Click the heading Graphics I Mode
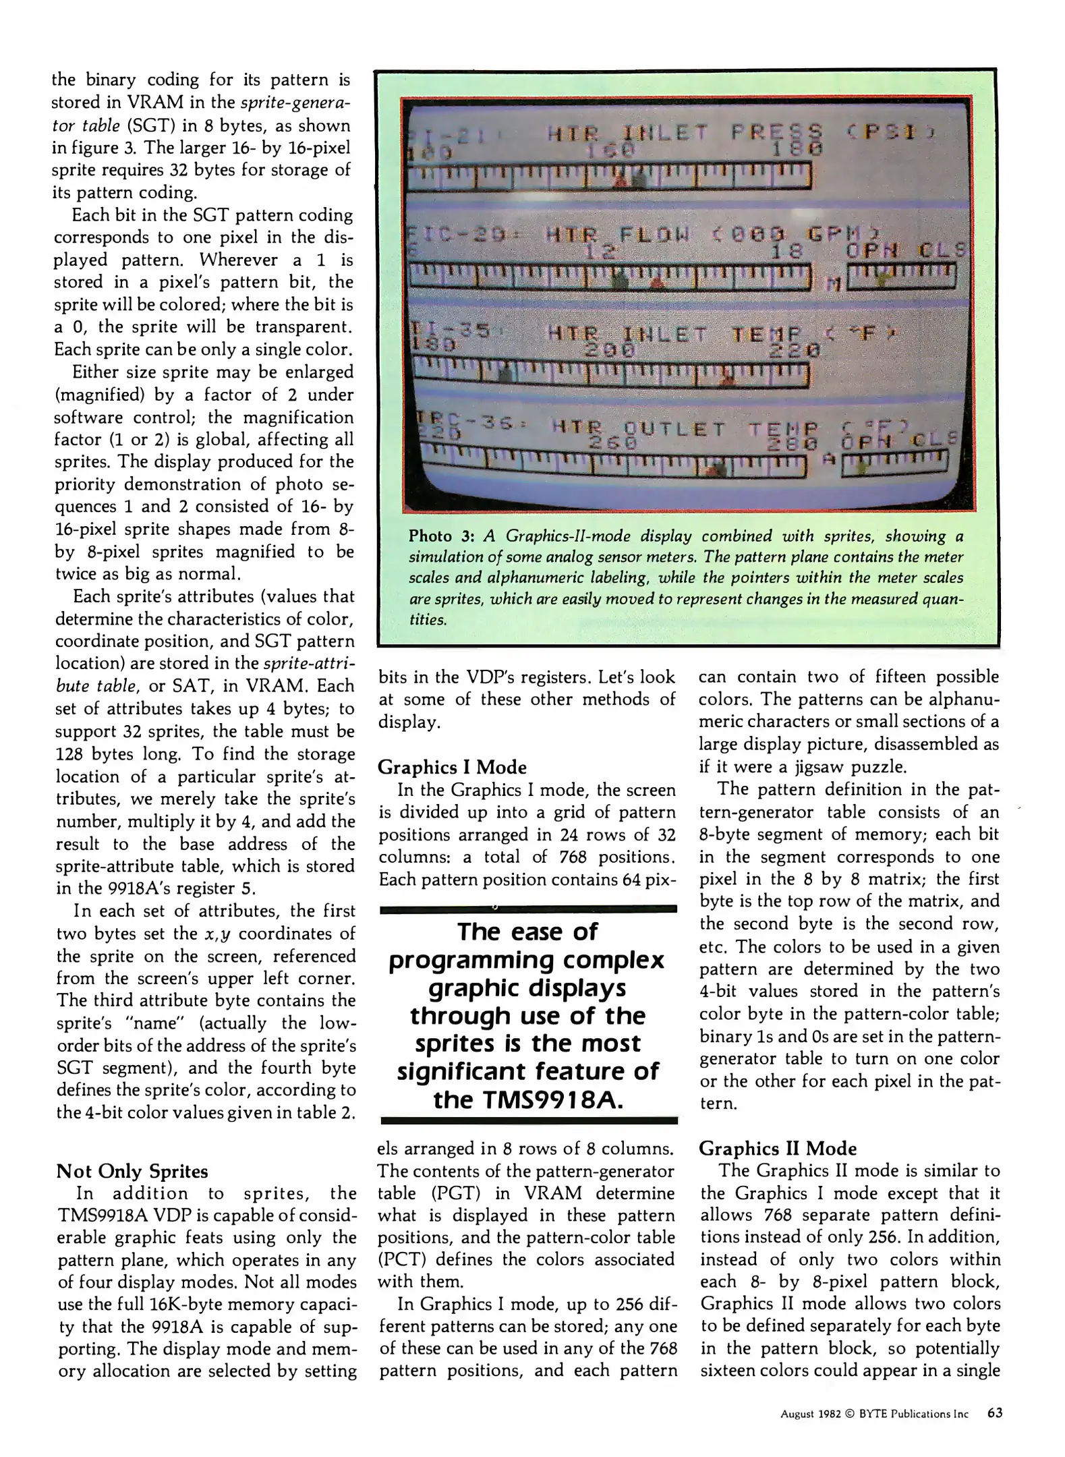(x=452, y=767)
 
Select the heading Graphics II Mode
(x=777, y=1148)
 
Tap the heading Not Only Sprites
(x=132, y=1171)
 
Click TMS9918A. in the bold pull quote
(x=528, y=1100)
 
